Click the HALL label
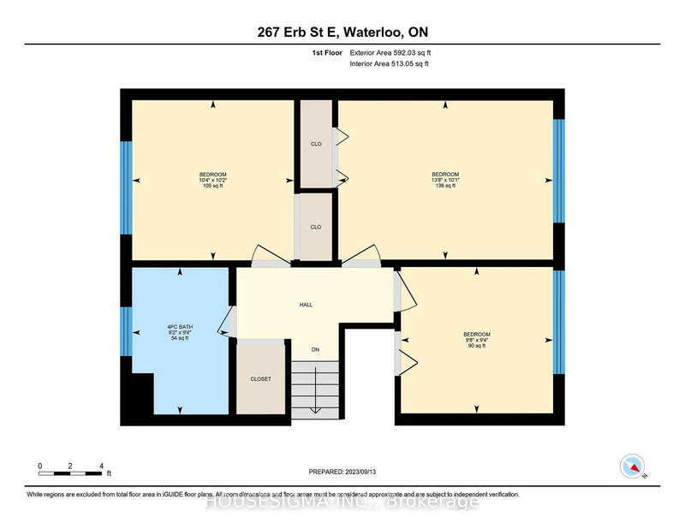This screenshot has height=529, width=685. pos(306,303)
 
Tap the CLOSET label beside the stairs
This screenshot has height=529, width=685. pos(261,378)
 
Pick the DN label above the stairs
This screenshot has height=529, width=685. pos(314,350)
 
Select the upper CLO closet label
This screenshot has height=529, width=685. pos(315,144)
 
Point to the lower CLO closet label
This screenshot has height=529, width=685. pos(315,228)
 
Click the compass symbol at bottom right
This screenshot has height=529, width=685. pos(630,465)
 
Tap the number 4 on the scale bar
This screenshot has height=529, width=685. pos(101,466)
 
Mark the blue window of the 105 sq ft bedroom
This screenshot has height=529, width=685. pos(126,187)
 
